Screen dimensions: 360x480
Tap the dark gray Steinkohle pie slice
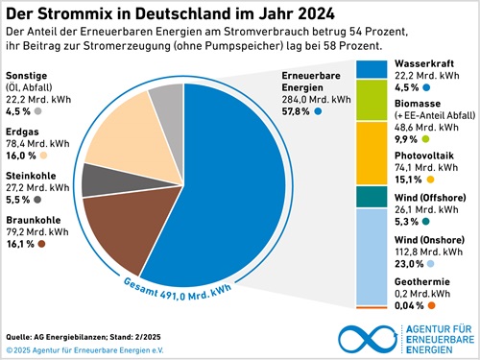[x=96, y=179]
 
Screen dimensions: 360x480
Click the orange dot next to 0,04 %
[x=432, y=305]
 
